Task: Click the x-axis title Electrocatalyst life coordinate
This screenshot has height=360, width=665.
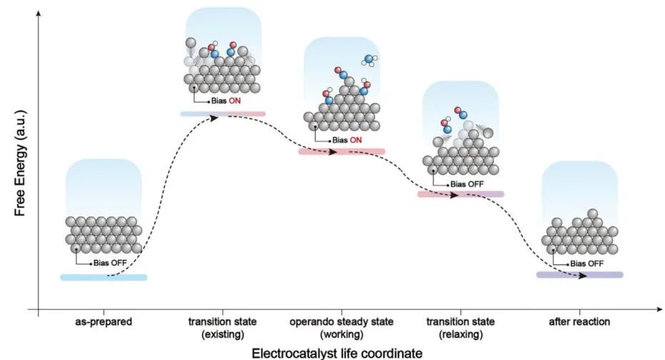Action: click(x=331, y=351)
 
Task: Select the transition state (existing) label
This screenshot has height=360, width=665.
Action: click(x=223, y=328)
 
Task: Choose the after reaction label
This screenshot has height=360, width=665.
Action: click(x=579, y=322)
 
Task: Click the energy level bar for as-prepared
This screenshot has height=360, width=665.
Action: click(x=104, y=277)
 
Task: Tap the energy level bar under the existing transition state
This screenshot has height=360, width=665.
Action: click(x=222, y=114)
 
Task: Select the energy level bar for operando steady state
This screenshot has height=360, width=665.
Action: click(x=341, y=151)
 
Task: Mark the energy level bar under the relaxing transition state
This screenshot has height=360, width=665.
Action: click(x=460, y=194)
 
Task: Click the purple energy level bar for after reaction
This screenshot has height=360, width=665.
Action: click(x=579, y=274)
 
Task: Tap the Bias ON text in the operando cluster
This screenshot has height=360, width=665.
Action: click(x=346, y=140)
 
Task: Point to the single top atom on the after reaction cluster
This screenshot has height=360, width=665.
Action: click(x=592, y=214)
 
